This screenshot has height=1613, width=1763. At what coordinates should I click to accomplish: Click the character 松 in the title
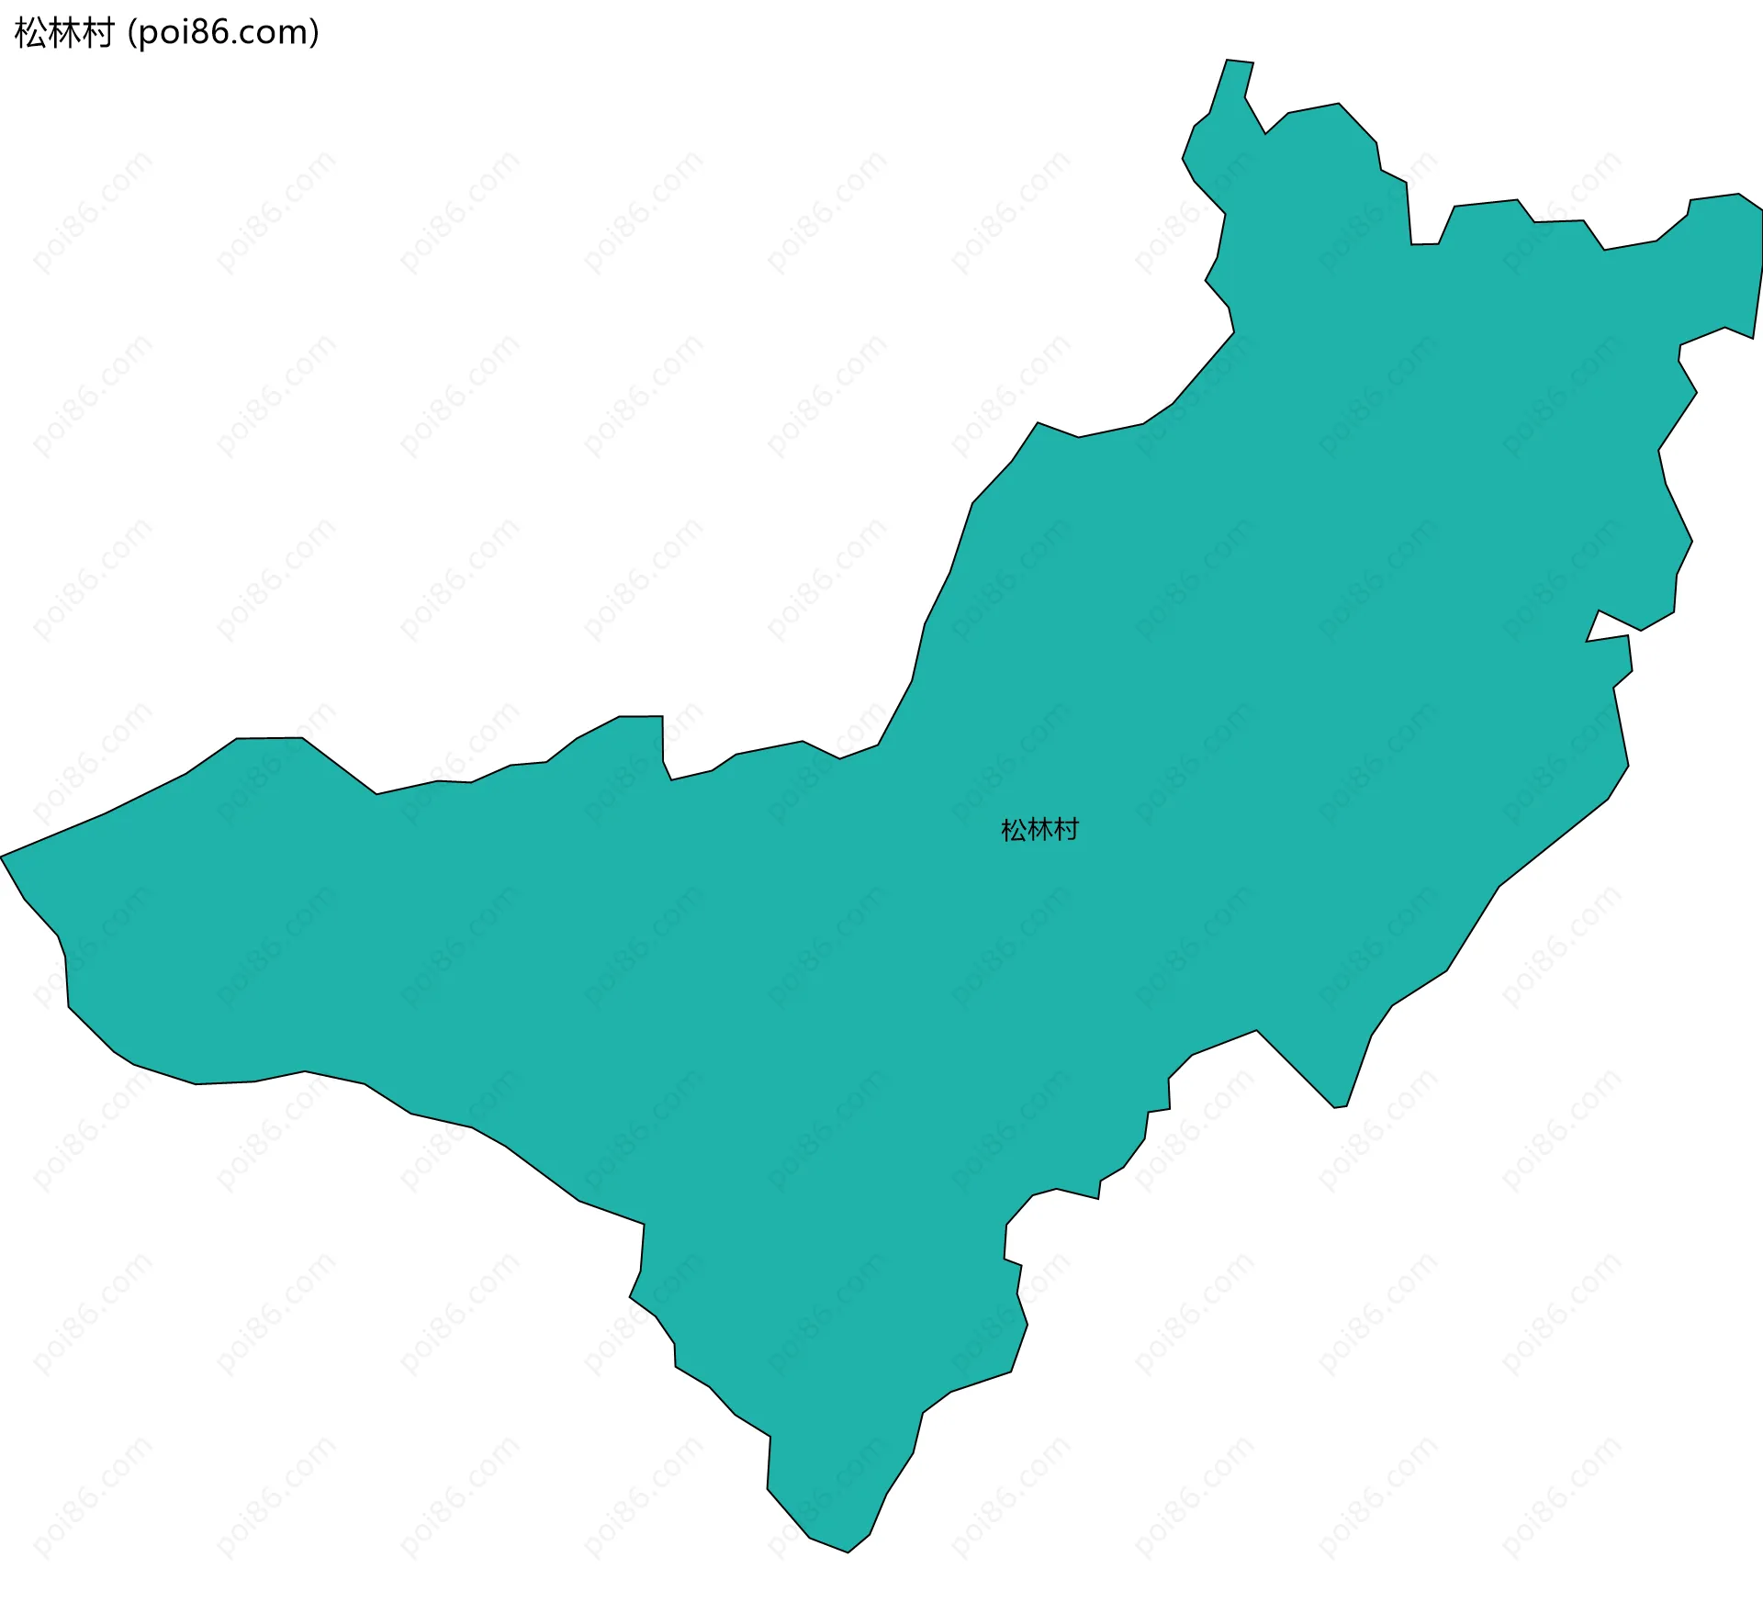[30, 33]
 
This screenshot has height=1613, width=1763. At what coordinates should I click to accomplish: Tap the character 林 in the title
[64, 33]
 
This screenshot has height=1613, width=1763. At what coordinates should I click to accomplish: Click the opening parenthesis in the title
[132, 34]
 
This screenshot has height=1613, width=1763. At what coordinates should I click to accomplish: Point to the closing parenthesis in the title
[314, 34]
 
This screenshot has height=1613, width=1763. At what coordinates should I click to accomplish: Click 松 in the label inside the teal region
[1013, 830]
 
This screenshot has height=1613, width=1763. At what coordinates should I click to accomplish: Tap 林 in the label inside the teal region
[1039, 830]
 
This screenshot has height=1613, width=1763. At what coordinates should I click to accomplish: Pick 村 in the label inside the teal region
[1066, 830]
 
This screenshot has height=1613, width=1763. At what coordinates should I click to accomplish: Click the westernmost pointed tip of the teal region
[3, 856]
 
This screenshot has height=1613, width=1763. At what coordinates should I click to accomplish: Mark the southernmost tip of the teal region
[847, 1551]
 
